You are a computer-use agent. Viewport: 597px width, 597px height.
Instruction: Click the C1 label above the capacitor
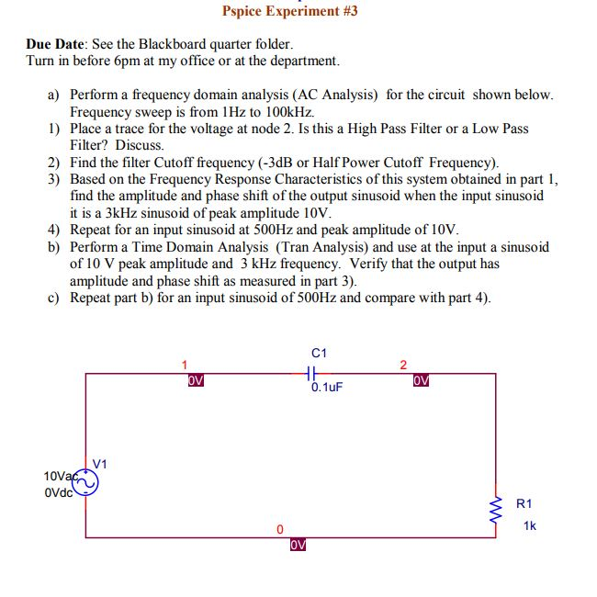click(320, 354)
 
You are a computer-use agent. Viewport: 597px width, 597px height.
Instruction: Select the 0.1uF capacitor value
click(326, 388)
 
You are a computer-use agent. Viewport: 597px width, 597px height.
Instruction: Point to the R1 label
click(524, 503)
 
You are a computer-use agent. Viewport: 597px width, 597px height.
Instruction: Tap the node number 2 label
click(402, 365)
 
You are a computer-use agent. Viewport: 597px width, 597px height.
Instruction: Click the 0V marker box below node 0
click(297, 545)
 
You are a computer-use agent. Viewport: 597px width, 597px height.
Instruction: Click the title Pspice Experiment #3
click(289, 11)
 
